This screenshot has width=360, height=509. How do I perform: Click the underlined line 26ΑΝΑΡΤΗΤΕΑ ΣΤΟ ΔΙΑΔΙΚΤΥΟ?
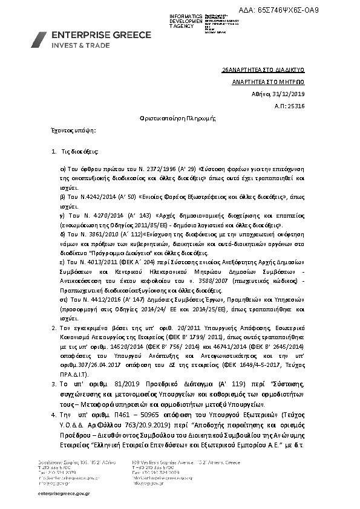point(270,70)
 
